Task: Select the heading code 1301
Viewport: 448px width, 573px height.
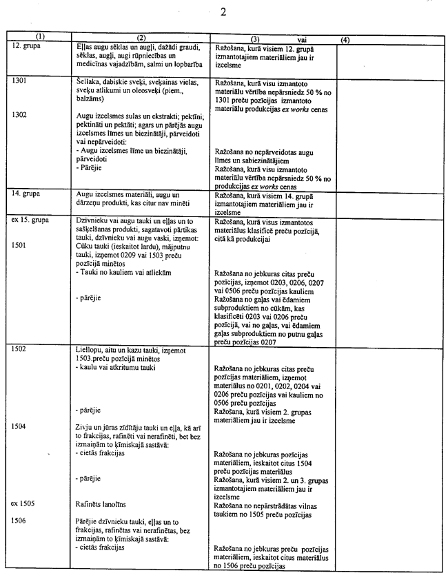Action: (21, 81)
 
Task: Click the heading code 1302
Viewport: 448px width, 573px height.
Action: (21, 114)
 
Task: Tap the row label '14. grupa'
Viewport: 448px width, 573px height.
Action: (26, 195)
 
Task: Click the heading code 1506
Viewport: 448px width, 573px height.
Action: (21, 521)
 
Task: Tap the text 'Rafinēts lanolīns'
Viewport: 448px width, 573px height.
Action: (102, 504)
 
